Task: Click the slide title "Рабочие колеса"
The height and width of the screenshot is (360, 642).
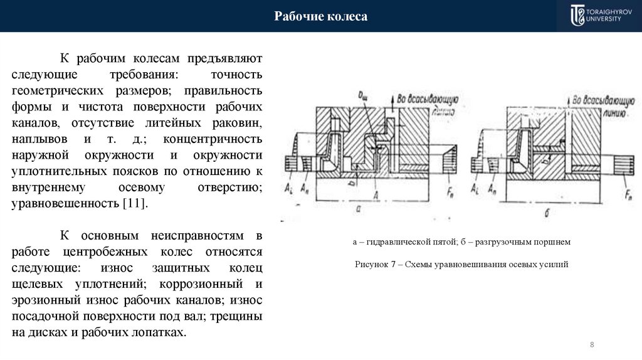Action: [x=320, y=16]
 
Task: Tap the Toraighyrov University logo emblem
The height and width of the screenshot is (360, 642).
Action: [x=577, y=16]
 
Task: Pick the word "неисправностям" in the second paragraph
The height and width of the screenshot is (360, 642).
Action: [x=196, y=236]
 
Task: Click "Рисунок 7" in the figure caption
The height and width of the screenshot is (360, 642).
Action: [x=376, y=265]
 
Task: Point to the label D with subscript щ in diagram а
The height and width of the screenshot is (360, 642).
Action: [x=362, y=95]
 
